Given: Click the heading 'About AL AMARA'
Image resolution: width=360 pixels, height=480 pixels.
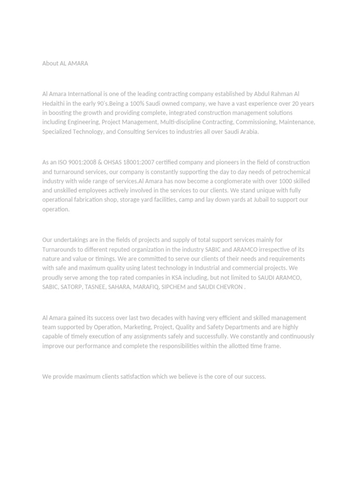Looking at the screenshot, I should [x=65, y=63].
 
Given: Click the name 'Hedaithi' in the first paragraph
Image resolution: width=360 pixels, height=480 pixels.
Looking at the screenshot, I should [x=54, y=103].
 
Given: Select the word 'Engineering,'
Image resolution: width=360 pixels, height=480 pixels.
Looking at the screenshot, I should [x=83, y=122].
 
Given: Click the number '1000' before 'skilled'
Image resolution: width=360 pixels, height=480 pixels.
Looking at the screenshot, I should [x=285, y=181].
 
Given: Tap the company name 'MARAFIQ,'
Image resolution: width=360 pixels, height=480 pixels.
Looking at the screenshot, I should [x=145, y=287].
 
